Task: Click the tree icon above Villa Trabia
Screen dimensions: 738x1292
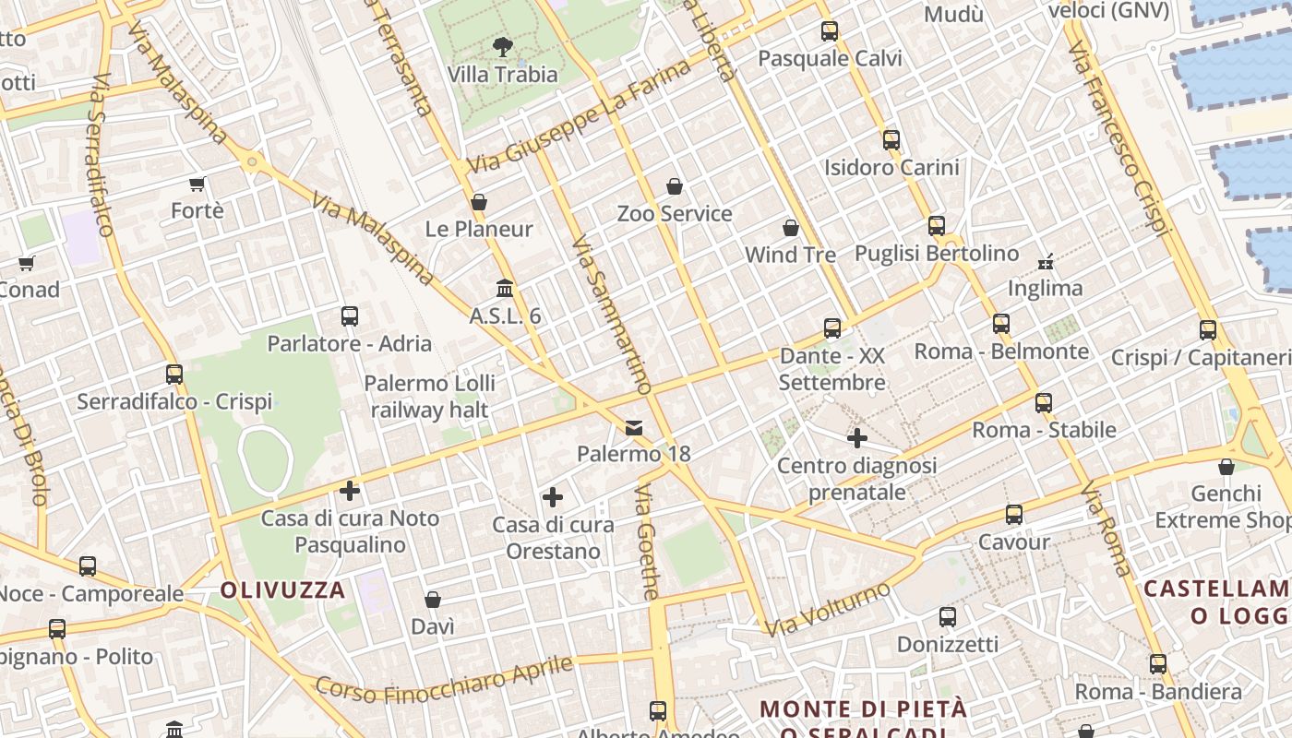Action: point(503,46)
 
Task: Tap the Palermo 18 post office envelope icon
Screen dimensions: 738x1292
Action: point(634,427)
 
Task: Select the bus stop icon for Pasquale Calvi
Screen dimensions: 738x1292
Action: point(830,31)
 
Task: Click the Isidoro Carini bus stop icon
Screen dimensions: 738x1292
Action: point(891,140)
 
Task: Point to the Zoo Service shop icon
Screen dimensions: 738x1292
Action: point(675,186)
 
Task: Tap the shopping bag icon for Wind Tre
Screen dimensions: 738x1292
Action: point(791,227)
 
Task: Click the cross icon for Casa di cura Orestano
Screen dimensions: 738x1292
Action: point(553,498)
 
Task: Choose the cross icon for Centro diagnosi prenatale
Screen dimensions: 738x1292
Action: point(857,438)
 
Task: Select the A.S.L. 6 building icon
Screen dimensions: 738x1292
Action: point(505,289)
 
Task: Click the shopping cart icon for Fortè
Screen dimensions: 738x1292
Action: point(197,184)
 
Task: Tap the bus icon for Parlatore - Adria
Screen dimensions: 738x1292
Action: point(350,316)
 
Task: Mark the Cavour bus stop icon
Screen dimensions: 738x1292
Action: point(1014,515)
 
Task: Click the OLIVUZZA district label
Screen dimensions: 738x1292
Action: point(282,590)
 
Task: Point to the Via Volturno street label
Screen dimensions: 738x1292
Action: point(828,609)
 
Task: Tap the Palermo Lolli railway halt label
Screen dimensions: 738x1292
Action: point(429,397)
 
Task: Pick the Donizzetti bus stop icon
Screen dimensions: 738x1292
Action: point(948,617)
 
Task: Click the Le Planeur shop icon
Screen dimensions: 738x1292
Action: point(479,202)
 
